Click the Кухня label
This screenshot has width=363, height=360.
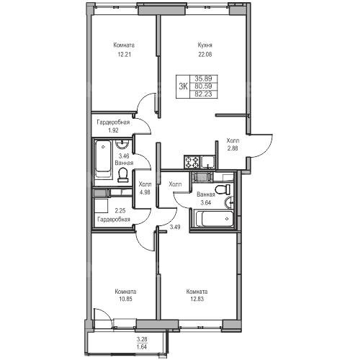(x=205, y=45)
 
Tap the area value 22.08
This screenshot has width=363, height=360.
(x=205, y=55)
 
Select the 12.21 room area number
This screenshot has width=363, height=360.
(x=124, y=55)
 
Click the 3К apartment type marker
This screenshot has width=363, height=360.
(x=183, y=86)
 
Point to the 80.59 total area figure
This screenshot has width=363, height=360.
(x=203, y=86)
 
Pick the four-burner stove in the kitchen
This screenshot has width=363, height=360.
(x=192, y=162)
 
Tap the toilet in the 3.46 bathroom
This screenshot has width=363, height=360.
(x=123, y=175)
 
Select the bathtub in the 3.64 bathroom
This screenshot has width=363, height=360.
(x=215, y=219)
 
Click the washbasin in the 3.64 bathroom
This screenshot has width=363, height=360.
(x=229, y=203)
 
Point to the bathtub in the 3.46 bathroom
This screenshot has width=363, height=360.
(x=103, y=159)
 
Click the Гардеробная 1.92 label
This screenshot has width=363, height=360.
(x=113, y=126)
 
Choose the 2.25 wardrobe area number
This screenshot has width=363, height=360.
(x=120, y=211)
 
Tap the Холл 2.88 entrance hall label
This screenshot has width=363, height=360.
(x=233, y=144)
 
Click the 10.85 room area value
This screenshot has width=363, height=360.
(x=125, y=299)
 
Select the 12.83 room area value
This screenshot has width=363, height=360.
(x=197, y=299)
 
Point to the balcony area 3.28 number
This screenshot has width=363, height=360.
(x=142, y=339)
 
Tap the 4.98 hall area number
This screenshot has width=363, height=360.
(x=145, y=192)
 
